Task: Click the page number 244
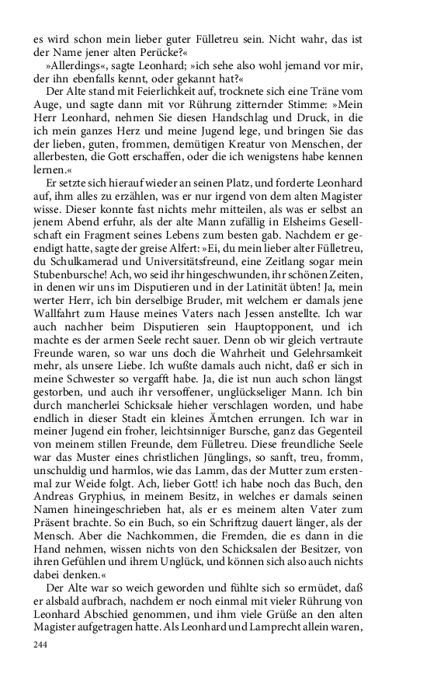click(x=40, y=644)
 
